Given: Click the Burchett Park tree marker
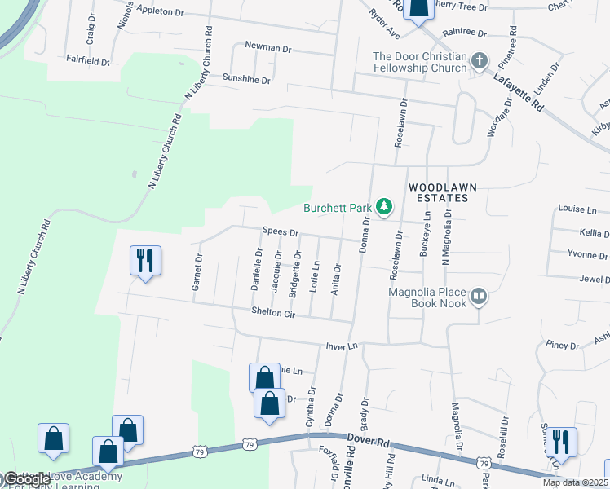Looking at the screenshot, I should (x=384, y=207).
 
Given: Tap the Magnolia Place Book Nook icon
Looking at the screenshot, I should (x=479, y=298).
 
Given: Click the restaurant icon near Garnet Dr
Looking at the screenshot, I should (x=145, y=261).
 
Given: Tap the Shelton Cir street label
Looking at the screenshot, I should (x=272, y=312).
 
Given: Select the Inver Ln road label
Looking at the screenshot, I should (x=342, y=346).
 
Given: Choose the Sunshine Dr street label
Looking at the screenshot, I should (x=245, y=80).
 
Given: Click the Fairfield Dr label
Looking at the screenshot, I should (x=88, y=60).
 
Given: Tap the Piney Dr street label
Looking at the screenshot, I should (x=563, y=345).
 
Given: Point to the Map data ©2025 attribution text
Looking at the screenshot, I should (x=575, y=482).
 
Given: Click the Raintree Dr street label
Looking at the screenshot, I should (x=464, y=34).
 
